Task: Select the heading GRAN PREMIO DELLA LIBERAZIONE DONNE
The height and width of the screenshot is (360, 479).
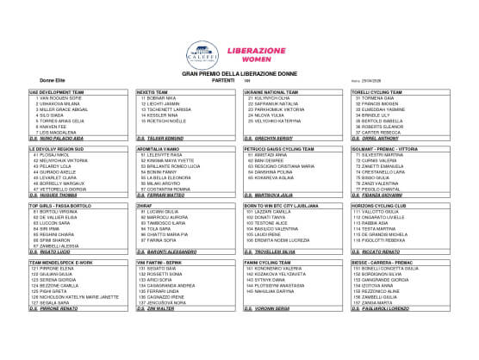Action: click(x=238, y=75)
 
